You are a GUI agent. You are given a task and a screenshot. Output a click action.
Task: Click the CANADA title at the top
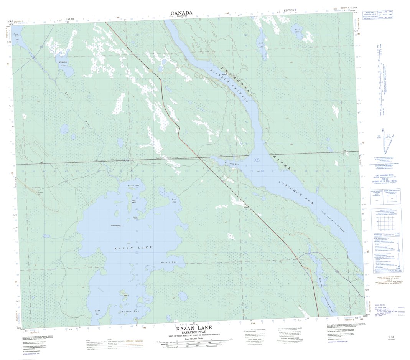181,13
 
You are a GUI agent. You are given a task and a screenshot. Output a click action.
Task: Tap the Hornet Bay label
168,262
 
